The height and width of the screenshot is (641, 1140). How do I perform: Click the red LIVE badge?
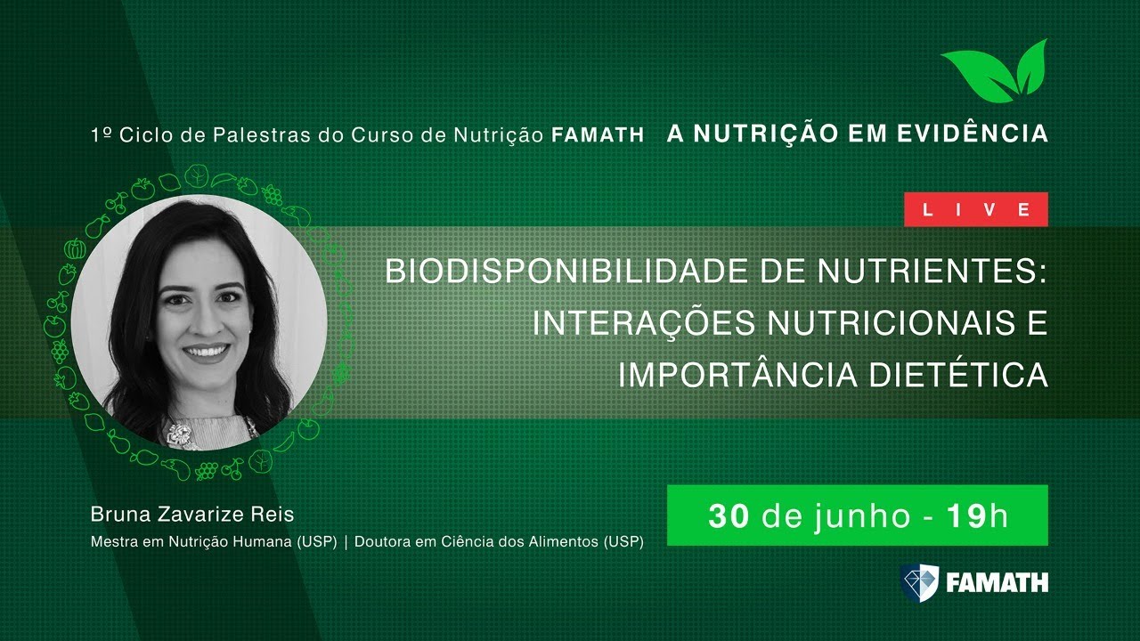point(975,210)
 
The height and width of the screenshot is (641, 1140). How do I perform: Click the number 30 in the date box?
point(729,515)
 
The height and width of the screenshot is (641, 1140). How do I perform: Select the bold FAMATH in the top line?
point(598,136)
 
